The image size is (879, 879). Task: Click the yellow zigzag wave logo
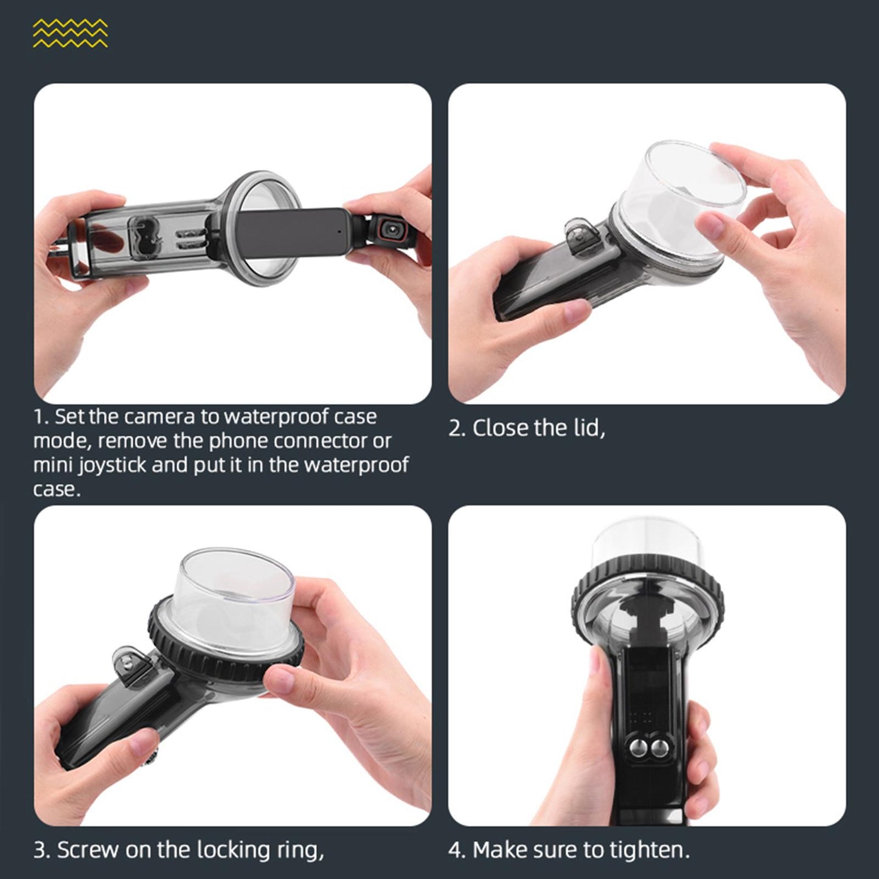tap(70, 33)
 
